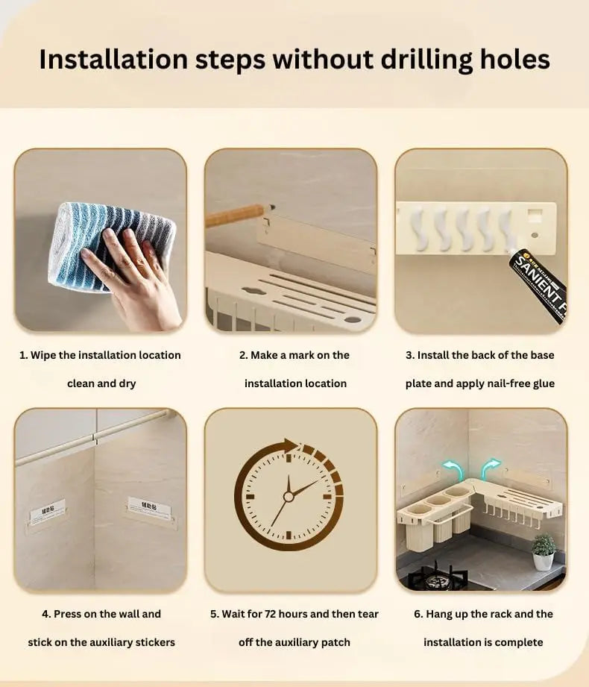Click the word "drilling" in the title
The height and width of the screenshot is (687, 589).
(x=426, y=60)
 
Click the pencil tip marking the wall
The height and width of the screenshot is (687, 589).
(x=272, y=206)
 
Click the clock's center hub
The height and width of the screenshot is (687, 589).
(x=288, y=496)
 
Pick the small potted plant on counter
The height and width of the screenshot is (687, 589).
(x=544, y=552)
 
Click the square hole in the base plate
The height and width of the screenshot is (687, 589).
(x=535, y=215)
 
